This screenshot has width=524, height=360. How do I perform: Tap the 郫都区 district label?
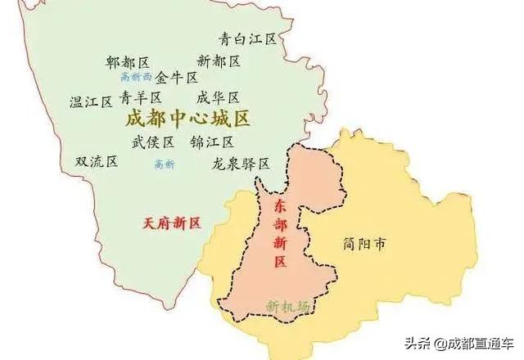[x=127, y=62]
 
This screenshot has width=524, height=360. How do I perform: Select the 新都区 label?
[x=219, y=61]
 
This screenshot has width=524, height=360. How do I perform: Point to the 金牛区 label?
[x=177, y=78]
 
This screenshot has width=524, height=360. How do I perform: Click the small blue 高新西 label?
[x=136, y=77]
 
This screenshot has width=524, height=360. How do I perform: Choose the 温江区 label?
[x=90, y=102]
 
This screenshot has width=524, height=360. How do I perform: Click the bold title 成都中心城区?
[x=187, y=119]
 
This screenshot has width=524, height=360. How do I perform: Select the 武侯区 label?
[x=153, y=142]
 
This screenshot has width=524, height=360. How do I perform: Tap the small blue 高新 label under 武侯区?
[x=164, y=164]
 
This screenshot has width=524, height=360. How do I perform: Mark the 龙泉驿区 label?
[x=241, y=164]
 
